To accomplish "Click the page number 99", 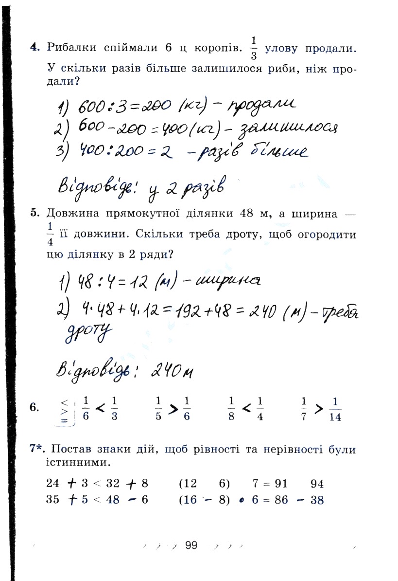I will click(x=191, y=545).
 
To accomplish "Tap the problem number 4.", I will click(x=34, y=47).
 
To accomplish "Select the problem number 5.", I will click(x=34, y=212).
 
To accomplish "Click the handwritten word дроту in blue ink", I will click(x=88, y=333).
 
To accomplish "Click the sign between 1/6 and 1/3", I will click(x=101, y=409).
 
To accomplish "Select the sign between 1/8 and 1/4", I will click(x=246, y=409).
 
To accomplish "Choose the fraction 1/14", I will click(x=335, y=409).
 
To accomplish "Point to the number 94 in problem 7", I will click(x=316, y=484).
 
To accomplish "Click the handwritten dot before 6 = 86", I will click(x=241, y=501).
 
